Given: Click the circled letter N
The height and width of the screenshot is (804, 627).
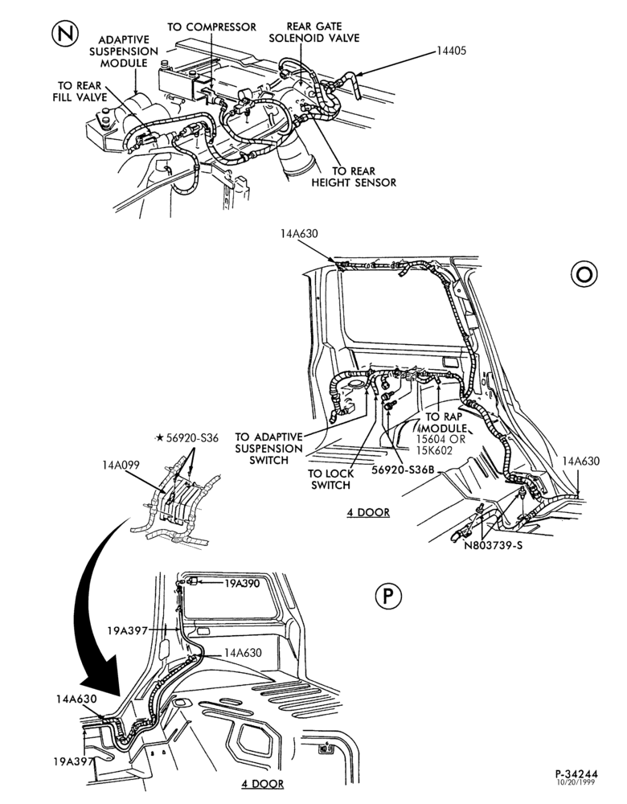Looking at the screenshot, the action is point(65,35).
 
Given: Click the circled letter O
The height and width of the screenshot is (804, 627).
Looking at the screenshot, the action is point(584,274).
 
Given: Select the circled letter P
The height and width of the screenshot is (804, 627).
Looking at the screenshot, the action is point(388,597).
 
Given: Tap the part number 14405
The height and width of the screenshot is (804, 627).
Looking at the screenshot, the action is point(451,51).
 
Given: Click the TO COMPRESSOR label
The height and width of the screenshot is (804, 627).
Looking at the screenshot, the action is point(211,27).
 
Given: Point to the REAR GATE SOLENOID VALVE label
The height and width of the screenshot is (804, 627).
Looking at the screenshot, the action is point(314,32).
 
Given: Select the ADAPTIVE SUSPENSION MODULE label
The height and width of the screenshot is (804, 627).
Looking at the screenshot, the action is point(124,51).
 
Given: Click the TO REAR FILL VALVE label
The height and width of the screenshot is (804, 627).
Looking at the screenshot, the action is point(80,92).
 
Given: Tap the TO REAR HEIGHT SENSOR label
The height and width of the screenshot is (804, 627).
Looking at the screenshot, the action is point(354,177).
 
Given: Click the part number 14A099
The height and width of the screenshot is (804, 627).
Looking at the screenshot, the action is point(121,465).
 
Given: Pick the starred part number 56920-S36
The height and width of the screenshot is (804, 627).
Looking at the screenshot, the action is point(187,438).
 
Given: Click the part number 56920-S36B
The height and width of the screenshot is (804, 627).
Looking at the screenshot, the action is point(403,470).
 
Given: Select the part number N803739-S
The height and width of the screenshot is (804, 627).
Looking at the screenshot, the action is point(494,546).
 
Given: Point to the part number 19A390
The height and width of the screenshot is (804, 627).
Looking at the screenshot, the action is point(242,584).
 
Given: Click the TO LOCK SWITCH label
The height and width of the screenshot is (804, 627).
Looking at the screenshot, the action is point(330,479).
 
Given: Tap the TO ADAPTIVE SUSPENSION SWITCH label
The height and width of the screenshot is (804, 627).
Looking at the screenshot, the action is point(269,449).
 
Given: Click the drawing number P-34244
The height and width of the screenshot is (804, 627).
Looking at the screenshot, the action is point(576,774).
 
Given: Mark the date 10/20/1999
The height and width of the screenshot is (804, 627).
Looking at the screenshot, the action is point(576,782).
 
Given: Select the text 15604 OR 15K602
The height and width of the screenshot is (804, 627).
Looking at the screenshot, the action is point(440,445).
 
